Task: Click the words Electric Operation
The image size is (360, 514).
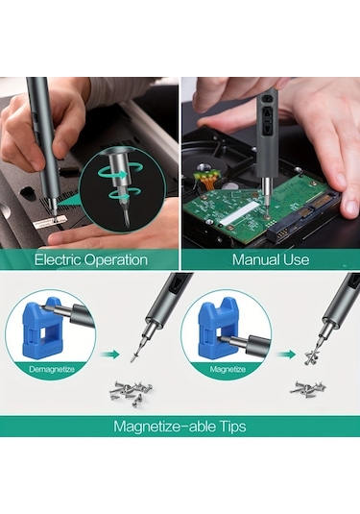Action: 90,259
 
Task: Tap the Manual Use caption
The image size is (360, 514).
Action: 270,259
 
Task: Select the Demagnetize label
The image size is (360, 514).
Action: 49,367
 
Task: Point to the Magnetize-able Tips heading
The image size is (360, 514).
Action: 180,426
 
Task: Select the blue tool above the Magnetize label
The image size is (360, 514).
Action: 220,326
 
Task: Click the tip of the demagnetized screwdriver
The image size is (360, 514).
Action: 133,357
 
